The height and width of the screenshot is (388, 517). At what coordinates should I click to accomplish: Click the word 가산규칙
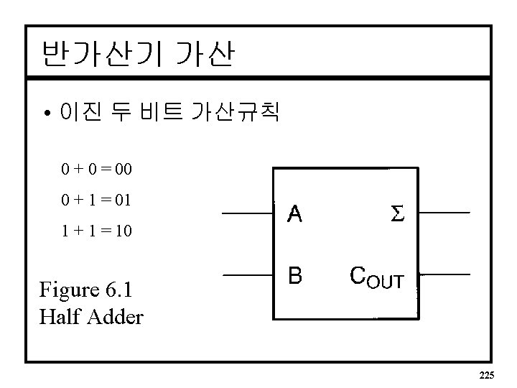233,111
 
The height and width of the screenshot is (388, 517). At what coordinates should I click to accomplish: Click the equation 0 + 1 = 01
96,201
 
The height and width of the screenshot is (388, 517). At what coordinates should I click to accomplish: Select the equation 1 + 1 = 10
96,232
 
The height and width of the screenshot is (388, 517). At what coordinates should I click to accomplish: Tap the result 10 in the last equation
123,232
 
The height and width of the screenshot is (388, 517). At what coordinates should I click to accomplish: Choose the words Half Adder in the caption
92,317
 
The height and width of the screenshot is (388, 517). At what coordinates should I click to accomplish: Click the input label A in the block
295,214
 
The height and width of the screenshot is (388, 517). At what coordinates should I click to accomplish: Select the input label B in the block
295,275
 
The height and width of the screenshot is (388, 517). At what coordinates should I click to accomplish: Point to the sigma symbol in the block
397,214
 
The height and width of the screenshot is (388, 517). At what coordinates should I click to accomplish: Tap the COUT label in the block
376,277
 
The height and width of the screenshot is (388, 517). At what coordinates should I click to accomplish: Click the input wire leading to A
247,214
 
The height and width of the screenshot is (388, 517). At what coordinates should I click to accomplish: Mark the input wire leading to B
247,275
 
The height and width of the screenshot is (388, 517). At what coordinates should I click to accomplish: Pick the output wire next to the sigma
444,213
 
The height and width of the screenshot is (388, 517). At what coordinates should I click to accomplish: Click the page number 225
487,375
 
